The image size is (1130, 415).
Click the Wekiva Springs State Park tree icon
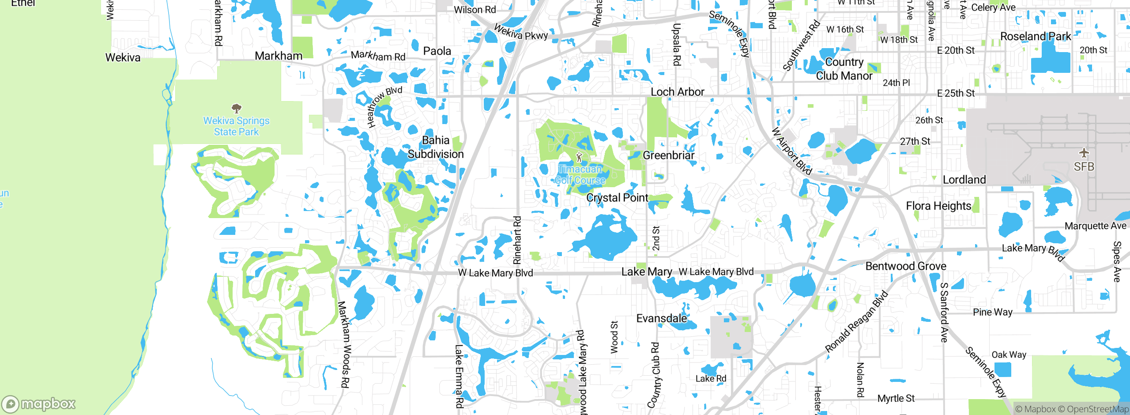(x=237, y=108)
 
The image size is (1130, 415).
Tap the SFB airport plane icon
(x=1084, y=153)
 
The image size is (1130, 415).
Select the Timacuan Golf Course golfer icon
(x=579, y=157)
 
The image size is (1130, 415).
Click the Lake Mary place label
(x=647, y=272)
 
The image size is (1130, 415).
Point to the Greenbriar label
(x=668, y=155)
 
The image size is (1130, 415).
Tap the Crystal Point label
(x=617, y=198)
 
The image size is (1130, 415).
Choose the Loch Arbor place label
(x=678, y=92)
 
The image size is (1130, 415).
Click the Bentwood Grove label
(x=906, y=266)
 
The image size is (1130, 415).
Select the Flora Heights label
(x=938, y=206)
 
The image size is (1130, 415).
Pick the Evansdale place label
(x=661, y=318)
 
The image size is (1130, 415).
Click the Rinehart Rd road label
(x=517, y=240)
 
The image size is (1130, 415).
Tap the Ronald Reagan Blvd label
(x=856, y=321)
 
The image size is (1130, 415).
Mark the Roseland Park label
(x=1036, y=36)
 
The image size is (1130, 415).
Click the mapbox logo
(x=39, y=404)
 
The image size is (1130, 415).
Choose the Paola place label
(x=437, y=51)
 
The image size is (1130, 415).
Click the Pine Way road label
(x=993, y=312)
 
